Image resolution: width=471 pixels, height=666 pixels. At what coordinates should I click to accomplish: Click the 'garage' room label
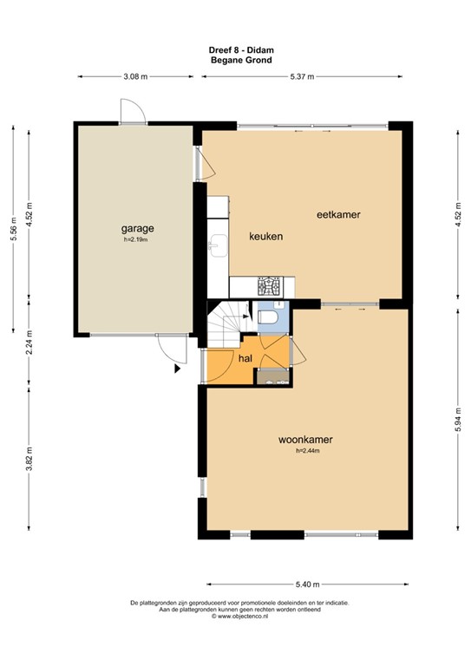[x=137, y=229]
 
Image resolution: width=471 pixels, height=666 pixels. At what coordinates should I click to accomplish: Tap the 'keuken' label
[x=267, y=236]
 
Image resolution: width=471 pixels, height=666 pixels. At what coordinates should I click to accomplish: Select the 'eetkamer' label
[x=337, y=214]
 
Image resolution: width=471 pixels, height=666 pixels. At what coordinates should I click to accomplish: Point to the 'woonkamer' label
[x=305, y=440]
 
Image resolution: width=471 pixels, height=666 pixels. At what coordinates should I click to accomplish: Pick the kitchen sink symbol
[x=218, y=246]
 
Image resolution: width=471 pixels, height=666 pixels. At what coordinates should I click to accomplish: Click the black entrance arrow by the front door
[x=178, y=369]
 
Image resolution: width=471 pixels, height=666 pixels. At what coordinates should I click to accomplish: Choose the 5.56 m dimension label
[x=12, y=229]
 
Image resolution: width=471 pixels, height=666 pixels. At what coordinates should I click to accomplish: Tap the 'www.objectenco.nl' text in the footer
[x=239, y=617]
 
